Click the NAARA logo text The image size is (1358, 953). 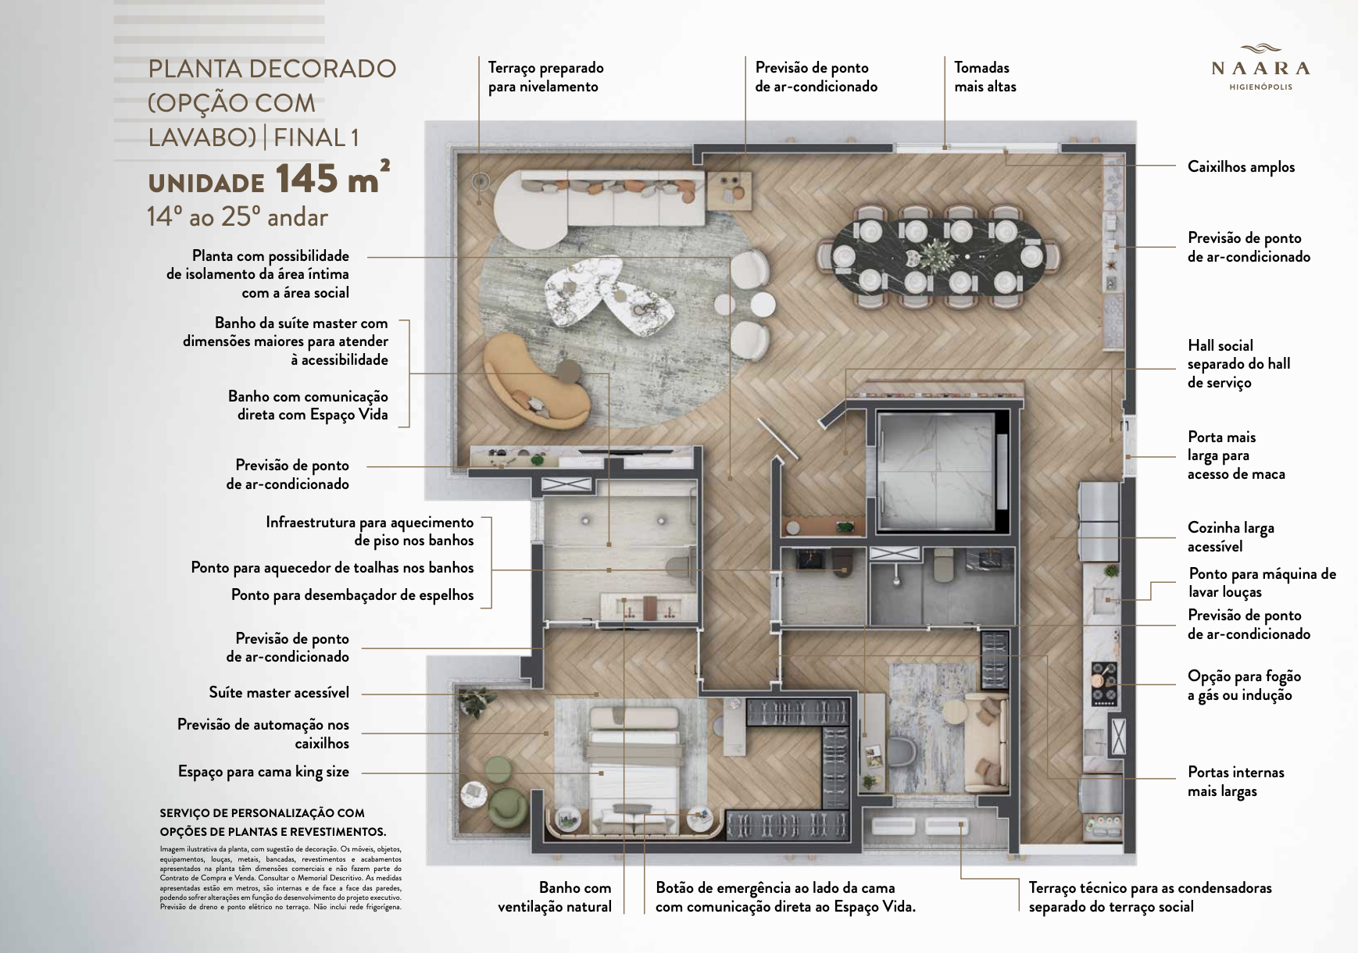point(1260,69)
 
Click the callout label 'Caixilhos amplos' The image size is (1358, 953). point(1241,166)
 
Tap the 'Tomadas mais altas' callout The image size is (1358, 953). point(985,77)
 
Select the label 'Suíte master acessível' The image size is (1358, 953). point(279,692)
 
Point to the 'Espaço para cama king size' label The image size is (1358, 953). point(263,772)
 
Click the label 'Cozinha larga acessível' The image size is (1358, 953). point(1231,537)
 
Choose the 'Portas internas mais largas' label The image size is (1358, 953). point(1235,781)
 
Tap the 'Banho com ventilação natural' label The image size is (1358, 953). point(555,897)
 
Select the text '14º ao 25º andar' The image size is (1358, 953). point(238,217)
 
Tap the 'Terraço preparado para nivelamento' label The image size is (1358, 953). point(545,77)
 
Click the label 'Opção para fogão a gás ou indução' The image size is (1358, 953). point(1244,685)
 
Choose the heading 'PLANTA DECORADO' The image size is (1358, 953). point(272,69)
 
